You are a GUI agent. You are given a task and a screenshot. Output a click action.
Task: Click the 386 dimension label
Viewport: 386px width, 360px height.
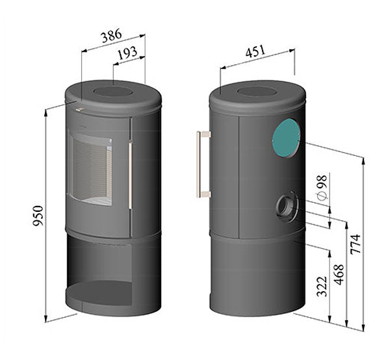[x=112, y=36]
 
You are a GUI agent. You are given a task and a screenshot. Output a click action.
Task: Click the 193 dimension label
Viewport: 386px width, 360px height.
[x=127, y=53]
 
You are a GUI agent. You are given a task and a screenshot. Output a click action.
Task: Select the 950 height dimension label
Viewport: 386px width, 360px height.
[x=38, y=216]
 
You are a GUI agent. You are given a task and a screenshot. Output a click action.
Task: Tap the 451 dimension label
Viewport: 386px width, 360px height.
[x=255, y=51]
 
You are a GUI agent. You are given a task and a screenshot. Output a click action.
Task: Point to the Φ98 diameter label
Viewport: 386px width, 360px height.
[x=322, y=188]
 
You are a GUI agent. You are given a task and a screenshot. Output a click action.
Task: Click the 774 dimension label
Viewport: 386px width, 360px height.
[x=355, y=244]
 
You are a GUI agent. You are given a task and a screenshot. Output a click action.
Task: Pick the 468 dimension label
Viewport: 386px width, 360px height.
[x=339, y=275]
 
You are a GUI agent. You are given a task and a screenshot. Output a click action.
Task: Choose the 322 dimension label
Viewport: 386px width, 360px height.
[x=322, y=287]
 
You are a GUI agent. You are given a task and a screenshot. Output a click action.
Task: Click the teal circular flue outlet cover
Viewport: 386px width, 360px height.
[x=287, y=138]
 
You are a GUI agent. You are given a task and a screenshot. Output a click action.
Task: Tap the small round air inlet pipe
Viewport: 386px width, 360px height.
[x=287, y=207]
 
